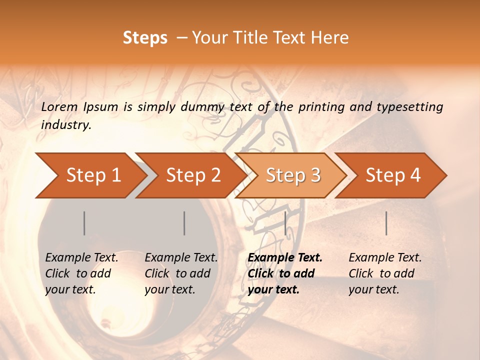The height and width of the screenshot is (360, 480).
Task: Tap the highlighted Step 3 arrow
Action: pyautogui.click(x=293, y=175)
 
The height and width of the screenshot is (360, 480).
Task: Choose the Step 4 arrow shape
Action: pyautogui.click(x=393, y=175)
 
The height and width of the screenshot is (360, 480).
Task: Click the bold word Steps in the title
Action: pyautogui.click(x=145, y=38)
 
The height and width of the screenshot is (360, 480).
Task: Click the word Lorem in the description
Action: pyautogui.click(x=59, y=106)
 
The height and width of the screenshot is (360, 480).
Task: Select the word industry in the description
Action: pyautogui.click(x=66, y=125)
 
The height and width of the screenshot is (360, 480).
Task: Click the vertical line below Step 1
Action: pyautogui.click(x=84, y=223)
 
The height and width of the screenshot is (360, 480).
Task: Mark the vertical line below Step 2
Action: pyautogui.click(x=184, y=223)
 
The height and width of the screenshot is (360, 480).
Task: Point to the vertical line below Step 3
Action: pyautogui.click(x=285, y=223)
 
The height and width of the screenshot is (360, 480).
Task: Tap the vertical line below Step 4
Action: pyautogui.click(x=386, y=223)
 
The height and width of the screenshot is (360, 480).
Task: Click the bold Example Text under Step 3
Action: pyautogui.click(x=285, y=258)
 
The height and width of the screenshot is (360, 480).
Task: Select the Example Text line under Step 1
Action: pyautogui.click(x=81, y=258)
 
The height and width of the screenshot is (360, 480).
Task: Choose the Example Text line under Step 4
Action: pyautogui.click(x=385, y=258)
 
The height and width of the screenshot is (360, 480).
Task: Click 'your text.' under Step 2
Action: pyautogui.click(x=169, y=289)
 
